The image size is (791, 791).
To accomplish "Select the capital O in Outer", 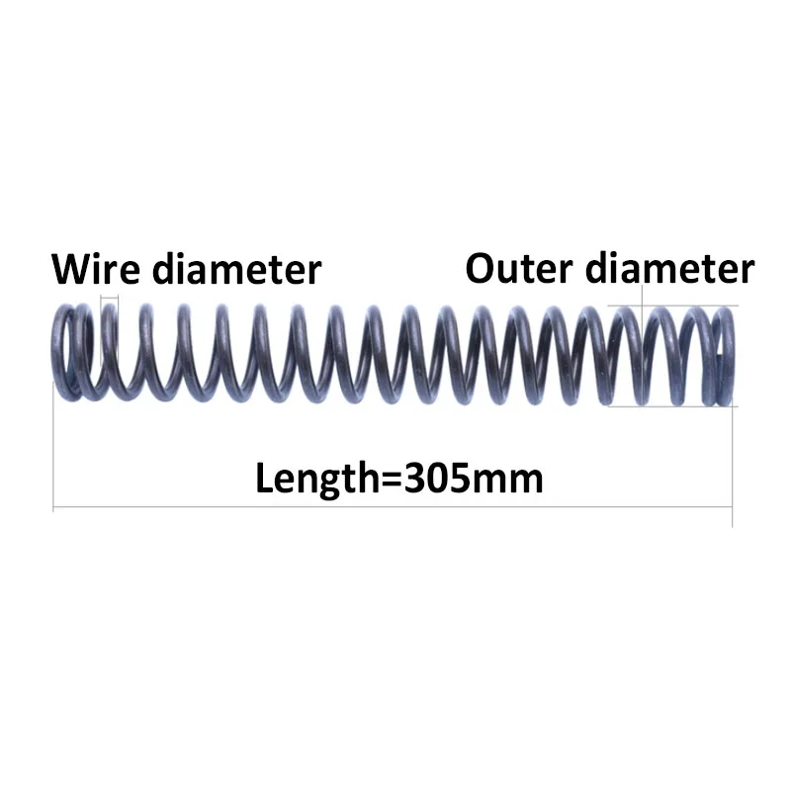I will [481, 268].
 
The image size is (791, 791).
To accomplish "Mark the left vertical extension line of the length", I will [52, 455].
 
